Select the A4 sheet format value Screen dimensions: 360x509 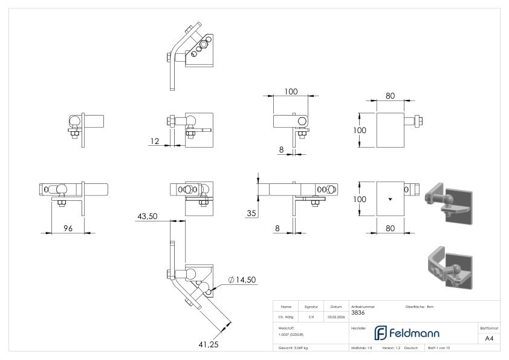pos(490,339)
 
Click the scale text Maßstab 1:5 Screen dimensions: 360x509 pos(361,348)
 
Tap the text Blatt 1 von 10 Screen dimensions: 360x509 pos(439,348)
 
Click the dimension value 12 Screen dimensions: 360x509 pos(154,141)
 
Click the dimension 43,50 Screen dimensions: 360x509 pos(148,216)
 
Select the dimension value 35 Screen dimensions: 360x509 pos(251,212)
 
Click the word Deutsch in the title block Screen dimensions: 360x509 pos(410,348)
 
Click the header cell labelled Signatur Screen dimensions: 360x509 pos(311,307)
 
